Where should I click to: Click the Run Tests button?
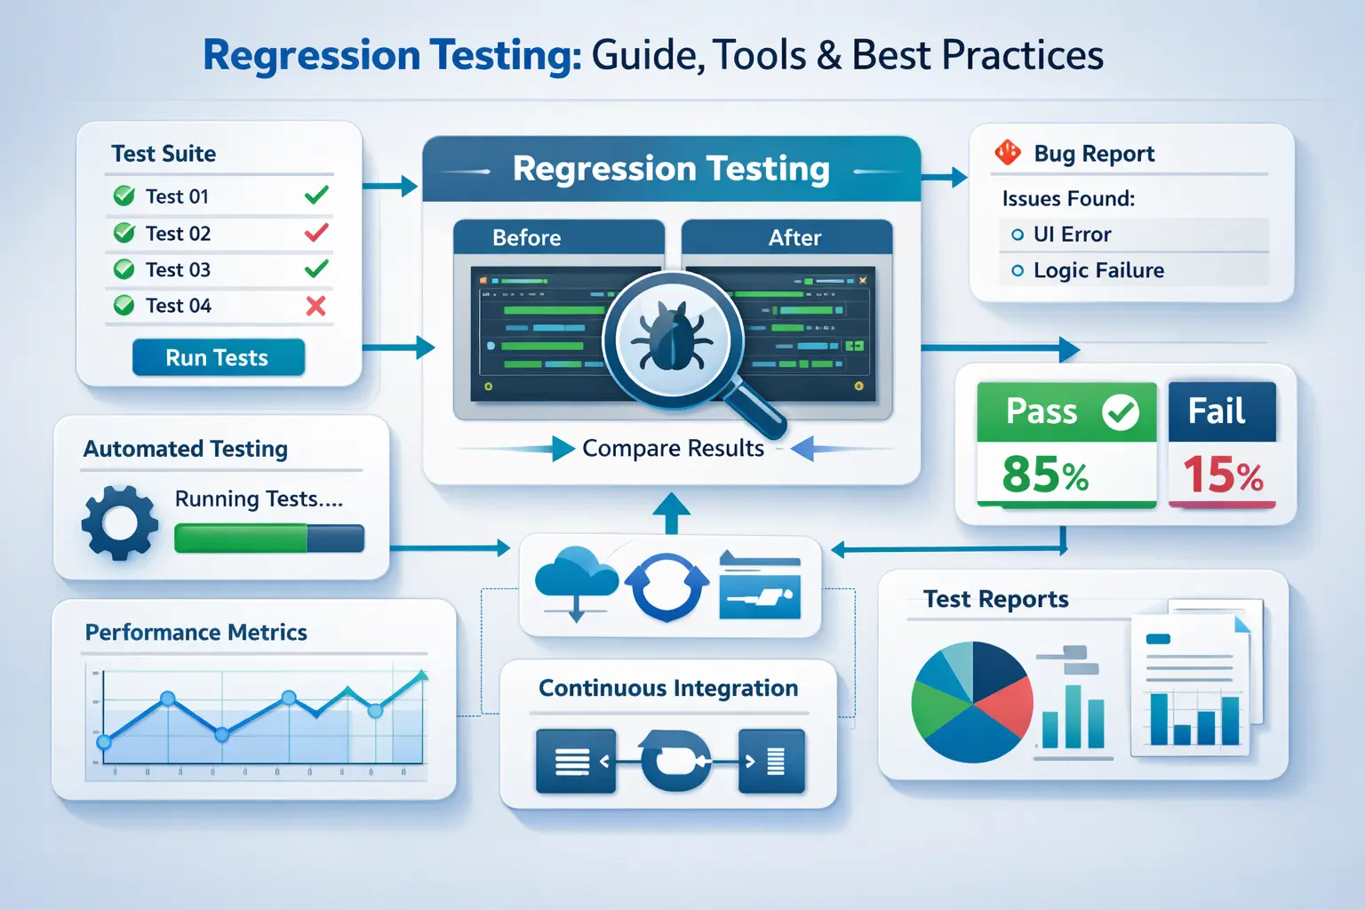click(x=218, y=357)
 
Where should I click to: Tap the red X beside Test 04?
click(x=315, y=307)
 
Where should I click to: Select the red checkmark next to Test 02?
click(x=316, y=233)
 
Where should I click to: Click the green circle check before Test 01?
click(x=124, y=196)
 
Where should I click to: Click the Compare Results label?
click(x=673, y=449)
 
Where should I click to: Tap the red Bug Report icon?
click(x=1008, y=153)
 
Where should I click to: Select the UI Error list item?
click(x=1072, y=235)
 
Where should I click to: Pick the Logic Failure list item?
click(x=1098, y=271)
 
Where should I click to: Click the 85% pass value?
click(x=1045, y=475)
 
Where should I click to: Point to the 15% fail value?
click(x=1223, y=475)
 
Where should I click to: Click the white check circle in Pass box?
click(x=1121, y=411)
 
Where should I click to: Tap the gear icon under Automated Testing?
click(x=120, y=523)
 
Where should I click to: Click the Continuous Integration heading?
click(x=668, y=689)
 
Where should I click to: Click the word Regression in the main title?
click(x=311, y=55)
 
